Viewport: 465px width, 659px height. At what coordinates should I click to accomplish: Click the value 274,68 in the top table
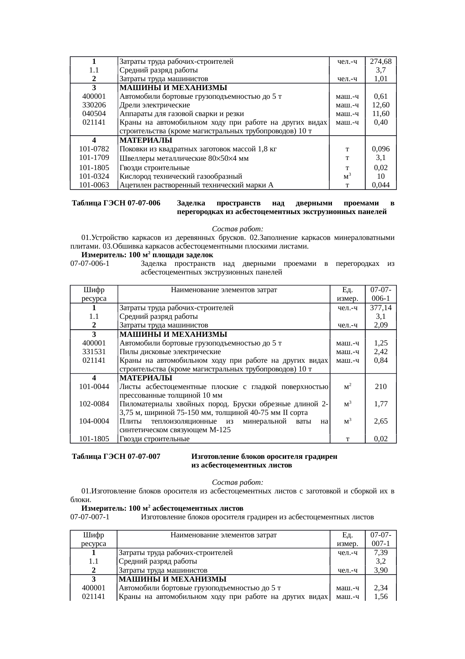pyautogui.click(x=381, y=61)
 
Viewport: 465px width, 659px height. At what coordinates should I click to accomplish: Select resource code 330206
pyautogui.click(x=94, y=105)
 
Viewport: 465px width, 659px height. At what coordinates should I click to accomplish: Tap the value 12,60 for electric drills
pyautogui.click(x=381, y=105)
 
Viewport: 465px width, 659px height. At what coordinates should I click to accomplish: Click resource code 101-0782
pyautogui.click(x=94, y=149)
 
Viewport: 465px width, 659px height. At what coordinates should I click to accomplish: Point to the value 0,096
pyautogui.click(x=381, y=149)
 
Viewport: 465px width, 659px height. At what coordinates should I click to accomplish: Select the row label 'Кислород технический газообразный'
pyautogui.click(x=180, y=176)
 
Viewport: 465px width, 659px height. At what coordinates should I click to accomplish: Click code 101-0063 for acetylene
pyautogui.click(x=94, y=185)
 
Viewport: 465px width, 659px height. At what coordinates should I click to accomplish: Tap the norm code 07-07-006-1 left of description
pyautogui.click(x=90, y=264)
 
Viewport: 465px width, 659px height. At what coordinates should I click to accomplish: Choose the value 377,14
pyautogui.click(x=381, y=308)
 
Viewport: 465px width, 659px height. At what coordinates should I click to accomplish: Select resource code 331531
pyautogui.click(x=94, y=352)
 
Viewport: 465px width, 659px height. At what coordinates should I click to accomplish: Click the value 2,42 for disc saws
pyautogui.click(x=381, y=352)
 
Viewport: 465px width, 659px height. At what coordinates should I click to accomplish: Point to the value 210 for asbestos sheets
pyautogui.click(x=381, y=387)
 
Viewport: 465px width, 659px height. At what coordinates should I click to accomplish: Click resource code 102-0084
pyautogui.click(x=94, y=404)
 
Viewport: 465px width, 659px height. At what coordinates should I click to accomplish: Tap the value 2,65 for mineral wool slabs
pyautogui.click(x=381, y=421)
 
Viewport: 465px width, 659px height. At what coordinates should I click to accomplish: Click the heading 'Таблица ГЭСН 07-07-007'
pyautogui.click(x=116, y=457)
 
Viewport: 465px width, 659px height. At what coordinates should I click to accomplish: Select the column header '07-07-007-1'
pyautogui.click(x=381, y=539)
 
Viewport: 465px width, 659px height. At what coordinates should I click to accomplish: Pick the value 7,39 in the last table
pyautogui.click(x=381, y=553)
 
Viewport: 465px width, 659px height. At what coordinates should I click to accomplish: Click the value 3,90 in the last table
pyautogui.click(x=381, y=570)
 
